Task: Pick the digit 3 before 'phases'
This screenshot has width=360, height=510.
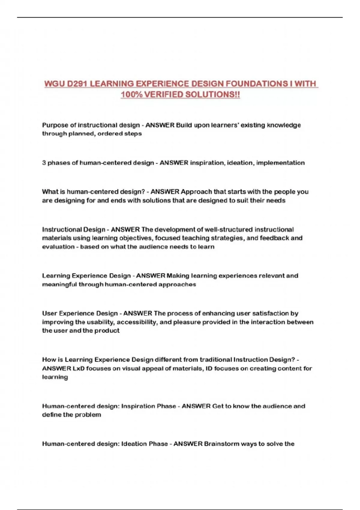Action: pyautogui.click(x=44, y=163)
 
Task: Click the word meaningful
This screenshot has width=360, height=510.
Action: pyautogui.click(x=59, y=284)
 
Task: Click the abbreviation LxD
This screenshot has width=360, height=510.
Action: pyautogui.click(x=78, y=368)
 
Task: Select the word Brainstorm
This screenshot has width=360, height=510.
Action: pyautogui.click(x=221, y=444)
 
